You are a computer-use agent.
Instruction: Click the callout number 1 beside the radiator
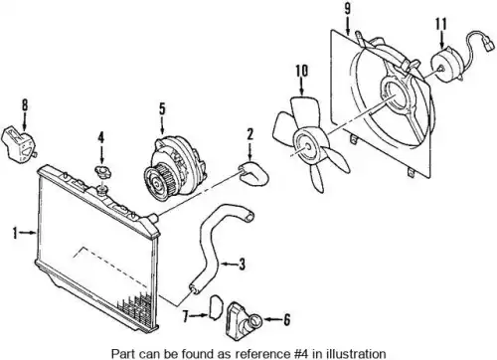pyautogui.click(x=15, y=233)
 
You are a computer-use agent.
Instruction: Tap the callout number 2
pyautogui.click(x=249, y=134)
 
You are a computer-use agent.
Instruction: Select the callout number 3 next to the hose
pyautogui.click(x=243, y=265)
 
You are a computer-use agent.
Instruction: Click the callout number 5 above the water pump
pyautogui.click(x=162, y=108)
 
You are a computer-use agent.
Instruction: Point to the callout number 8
pyautogui.click(x=25, y=105)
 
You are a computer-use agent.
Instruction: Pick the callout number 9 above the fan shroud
pyautogui.click(x=347, y=9)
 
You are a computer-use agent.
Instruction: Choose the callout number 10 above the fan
pyautogui.click(x=301, y=71)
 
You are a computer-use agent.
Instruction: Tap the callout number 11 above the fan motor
pyautogui.click(x=441, y=24)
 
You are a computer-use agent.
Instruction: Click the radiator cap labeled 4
pyautogui.click(x=103, y=172)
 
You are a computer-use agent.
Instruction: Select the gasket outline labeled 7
pyautogui.click(x=216, y=307)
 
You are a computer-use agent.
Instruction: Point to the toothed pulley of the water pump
pyautogui.click(x=158, y=182)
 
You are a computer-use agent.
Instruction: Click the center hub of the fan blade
pyautogui.click(x=308, y=146)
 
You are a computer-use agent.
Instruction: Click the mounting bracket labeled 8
pyautogui.click(x=19, y=146)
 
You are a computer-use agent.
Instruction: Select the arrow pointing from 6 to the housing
pyautogui.click(x=271, y=320)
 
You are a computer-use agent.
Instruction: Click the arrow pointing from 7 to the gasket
pyautogui.click(x=200, y=316)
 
